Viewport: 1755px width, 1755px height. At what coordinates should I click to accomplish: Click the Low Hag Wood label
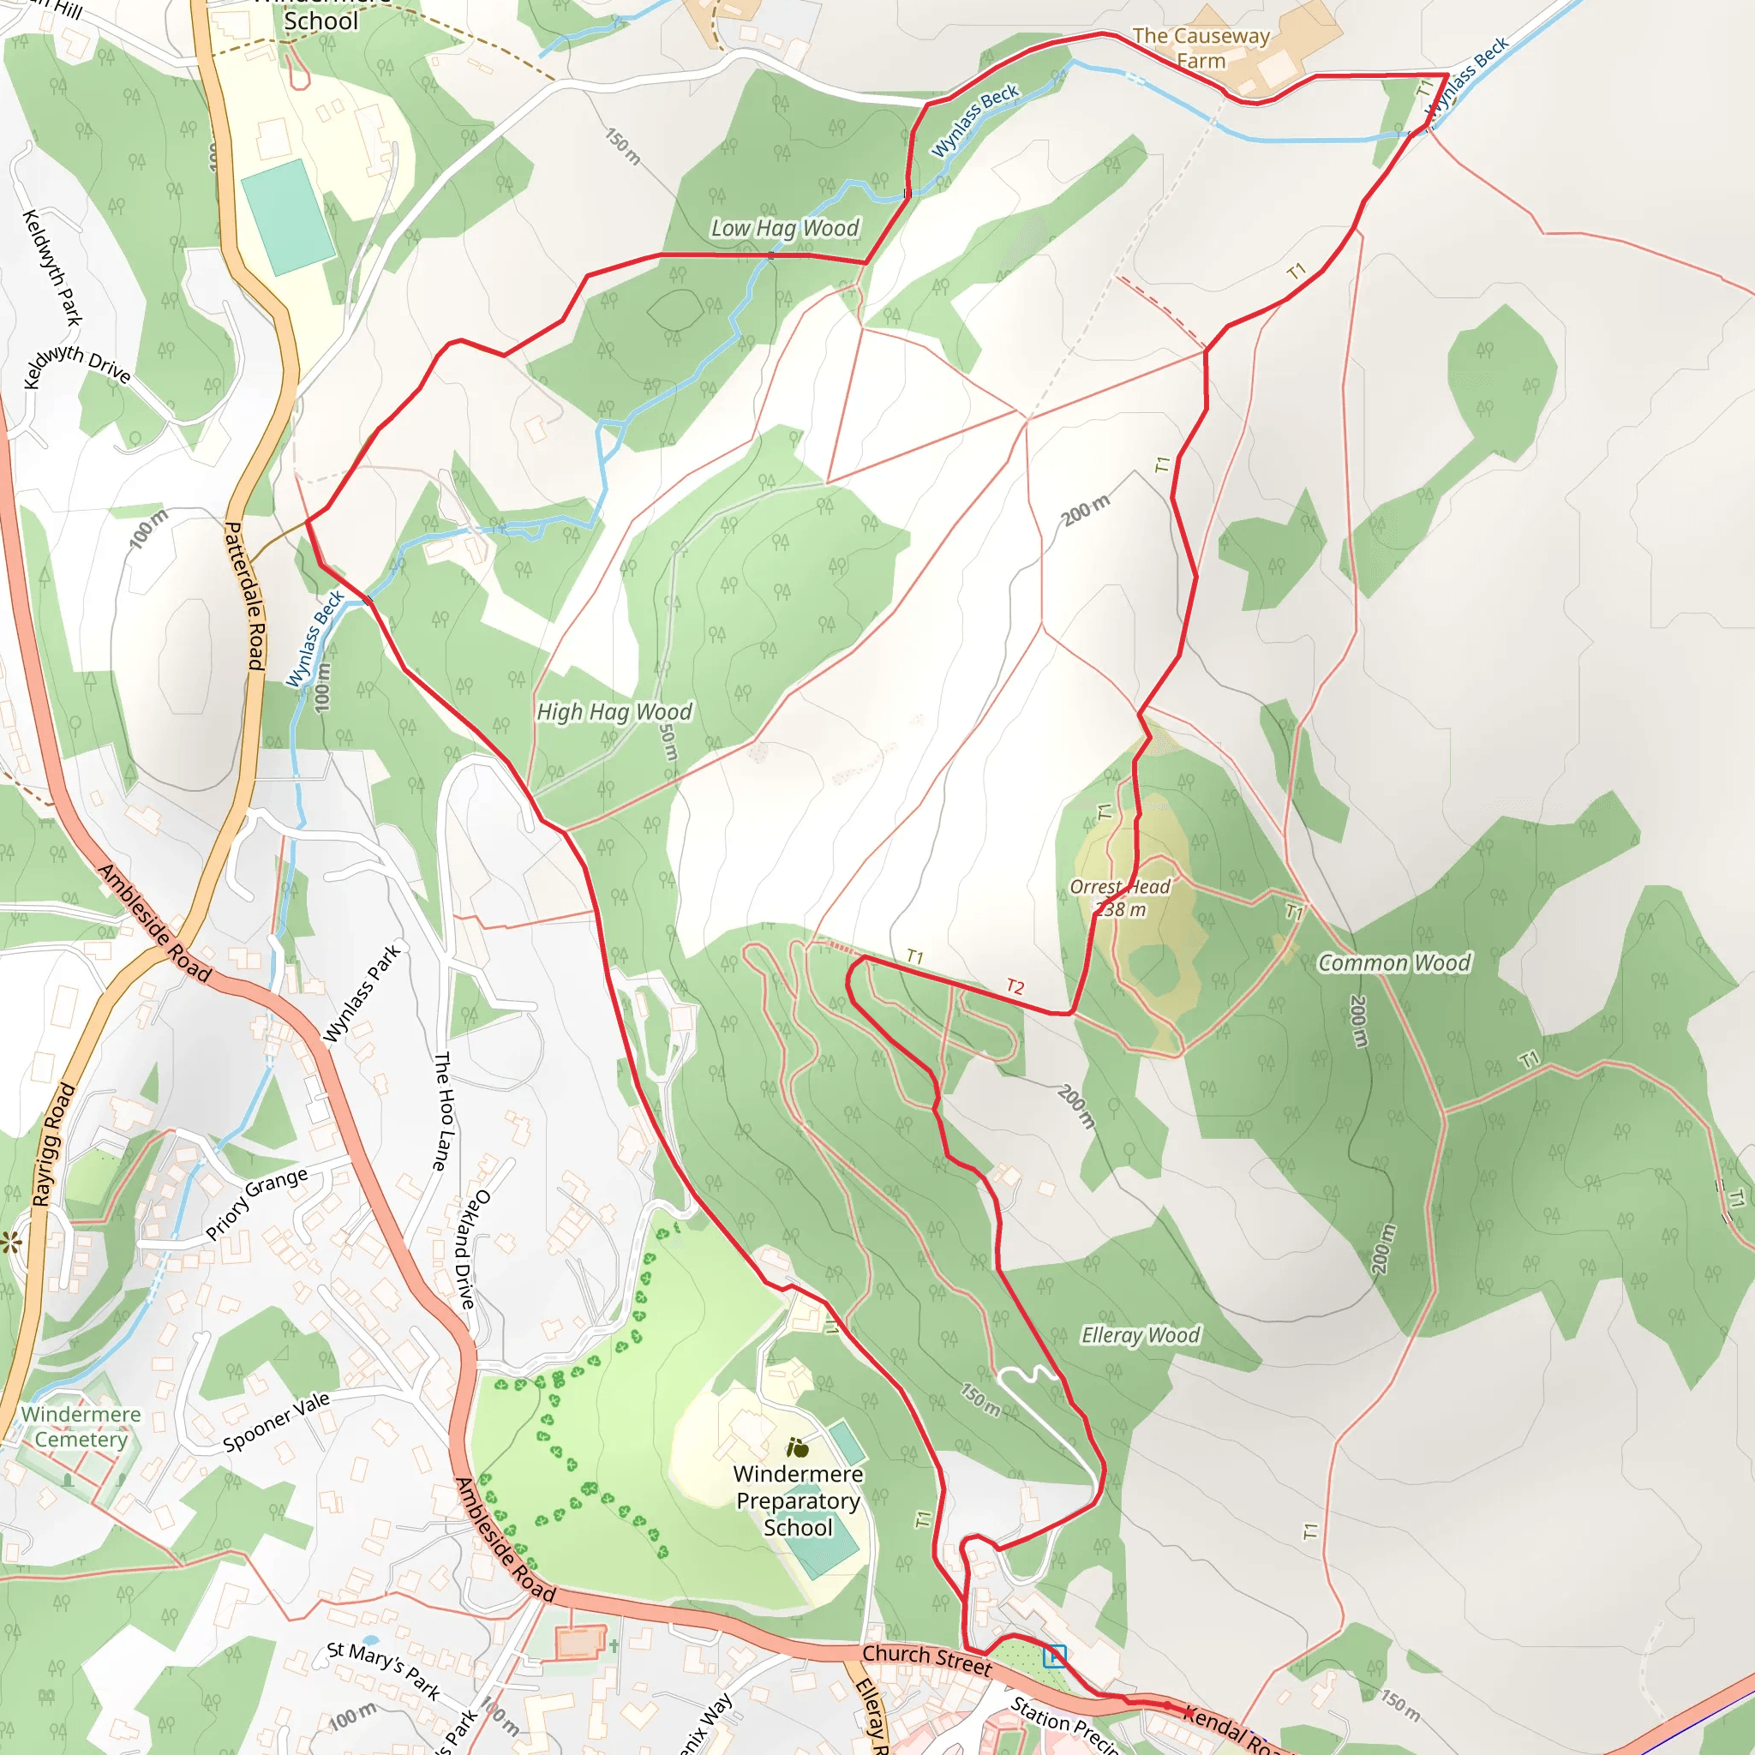[x=784, y=228]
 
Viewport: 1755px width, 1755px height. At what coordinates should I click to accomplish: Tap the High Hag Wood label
[x=614, y=712]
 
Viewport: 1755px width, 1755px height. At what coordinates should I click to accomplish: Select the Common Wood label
[x=1393, y=963]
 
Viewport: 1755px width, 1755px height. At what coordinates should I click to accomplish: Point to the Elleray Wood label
[x=1140, y=1335]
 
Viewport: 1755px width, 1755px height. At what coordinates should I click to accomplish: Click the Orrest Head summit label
[x=1120, y=898]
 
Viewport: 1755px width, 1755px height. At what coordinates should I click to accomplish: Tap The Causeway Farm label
[x=1201, y=48]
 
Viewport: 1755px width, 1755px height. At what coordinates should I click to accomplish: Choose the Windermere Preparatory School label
[x=798, y=1500]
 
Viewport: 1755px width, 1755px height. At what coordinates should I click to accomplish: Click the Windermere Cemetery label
[x=81, y=1427]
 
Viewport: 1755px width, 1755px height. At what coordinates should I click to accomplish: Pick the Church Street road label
[x=926, y=1660]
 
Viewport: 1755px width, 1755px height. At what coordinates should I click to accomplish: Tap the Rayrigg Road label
[x=55, y=1145]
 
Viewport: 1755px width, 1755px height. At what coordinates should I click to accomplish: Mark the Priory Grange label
[x=256, y=1205]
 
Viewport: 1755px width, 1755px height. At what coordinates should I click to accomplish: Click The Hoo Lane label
[x=441, y=1111]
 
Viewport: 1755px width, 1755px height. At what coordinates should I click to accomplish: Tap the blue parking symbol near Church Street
[x=1055, y=1656]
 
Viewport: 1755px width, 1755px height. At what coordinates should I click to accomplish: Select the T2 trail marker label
[x=1015, y=986]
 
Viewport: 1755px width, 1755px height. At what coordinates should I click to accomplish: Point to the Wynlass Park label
[x=362, y=994]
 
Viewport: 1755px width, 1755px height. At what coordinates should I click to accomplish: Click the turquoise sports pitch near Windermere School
[x=288, y=216]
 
